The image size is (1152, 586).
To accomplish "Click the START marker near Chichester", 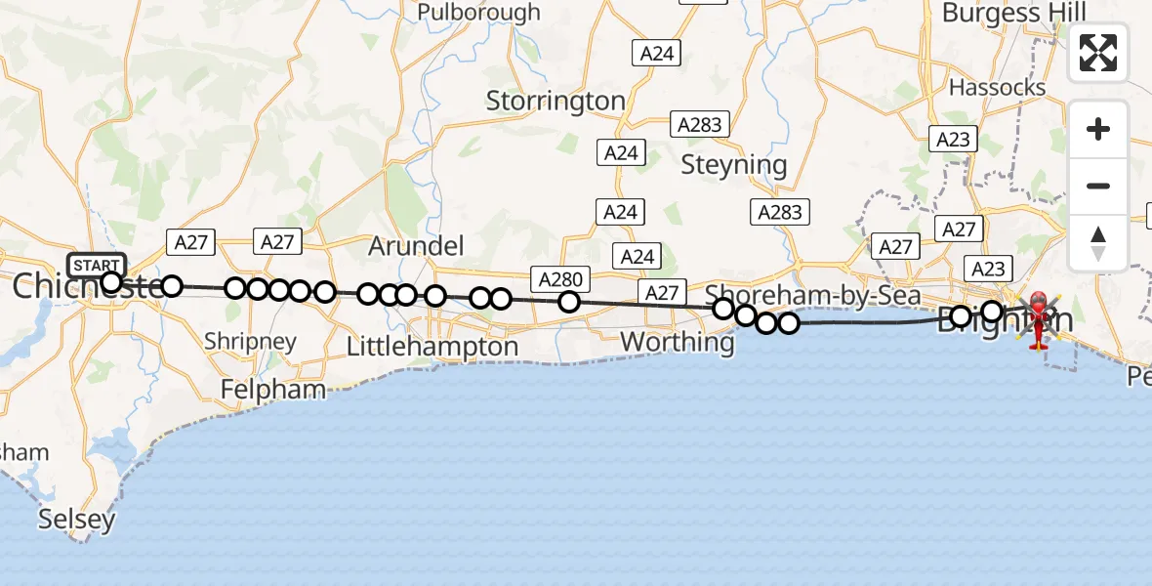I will (97, 265).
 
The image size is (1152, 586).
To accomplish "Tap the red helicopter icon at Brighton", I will (1037, 318).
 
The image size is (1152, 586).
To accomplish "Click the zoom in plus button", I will (1098, 129).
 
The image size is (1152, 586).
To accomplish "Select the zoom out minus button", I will (1098, 186).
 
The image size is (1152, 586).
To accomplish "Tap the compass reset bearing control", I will (1098, 242).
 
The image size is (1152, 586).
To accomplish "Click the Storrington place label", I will (555, 101).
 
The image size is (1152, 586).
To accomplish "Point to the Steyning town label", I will (733, 165).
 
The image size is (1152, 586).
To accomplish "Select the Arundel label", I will (416, 246).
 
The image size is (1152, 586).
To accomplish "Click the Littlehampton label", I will (433, 347).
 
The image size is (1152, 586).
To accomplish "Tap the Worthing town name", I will (677, 343).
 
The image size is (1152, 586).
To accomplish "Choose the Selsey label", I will (77, 520).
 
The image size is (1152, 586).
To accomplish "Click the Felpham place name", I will (273, 390).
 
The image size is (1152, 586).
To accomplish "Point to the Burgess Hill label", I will (1013, 14).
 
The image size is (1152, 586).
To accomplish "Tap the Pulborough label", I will (478, 13).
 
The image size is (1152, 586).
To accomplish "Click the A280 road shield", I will (560, 280).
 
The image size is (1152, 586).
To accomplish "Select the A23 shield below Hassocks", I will (953, 140).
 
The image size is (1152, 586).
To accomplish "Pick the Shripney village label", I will (251, 342).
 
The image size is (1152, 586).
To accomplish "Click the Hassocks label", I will (997, 88).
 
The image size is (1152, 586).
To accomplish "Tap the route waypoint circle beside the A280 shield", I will (569, 303).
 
